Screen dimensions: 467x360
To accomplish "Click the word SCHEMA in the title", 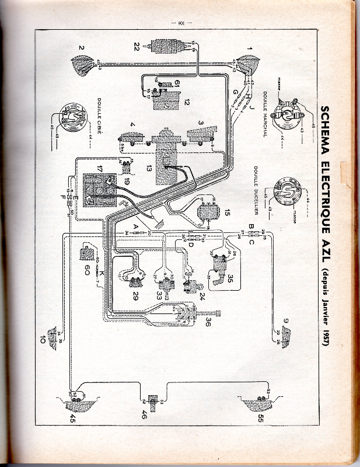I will point(327,127).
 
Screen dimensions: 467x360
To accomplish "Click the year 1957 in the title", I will point(327,335).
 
